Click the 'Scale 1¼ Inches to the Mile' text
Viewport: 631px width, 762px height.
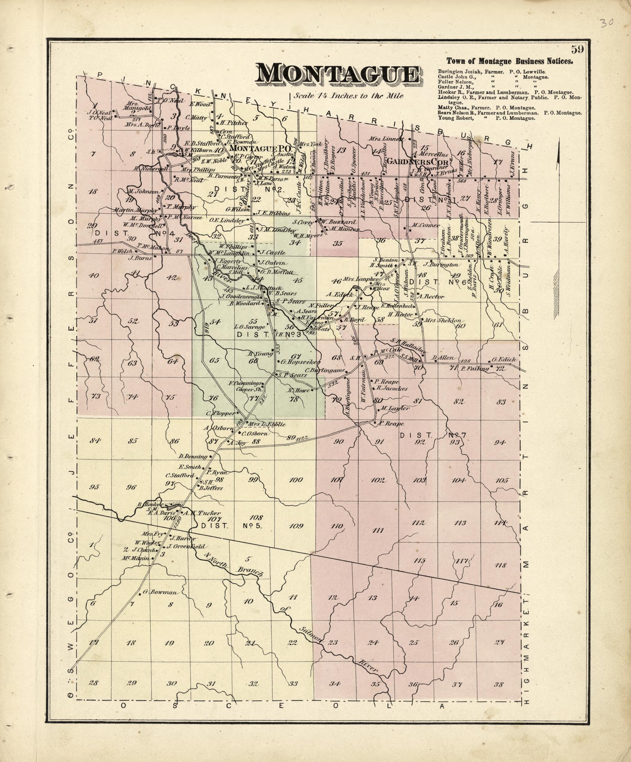(349, 96)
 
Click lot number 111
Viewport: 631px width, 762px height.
(378, 530)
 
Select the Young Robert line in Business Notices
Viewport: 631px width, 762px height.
(486, 118)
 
